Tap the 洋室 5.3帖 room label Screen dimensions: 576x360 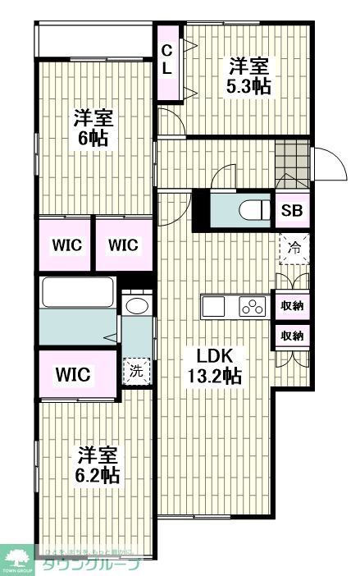(249, 76)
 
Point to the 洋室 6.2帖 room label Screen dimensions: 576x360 (98, 464)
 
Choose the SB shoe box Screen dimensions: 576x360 (292, 210)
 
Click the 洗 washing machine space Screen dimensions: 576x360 (136, 370)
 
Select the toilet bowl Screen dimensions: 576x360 (255, 210)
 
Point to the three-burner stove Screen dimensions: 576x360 (252, 307)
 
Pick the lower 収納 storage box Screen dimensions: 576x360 (293, 335)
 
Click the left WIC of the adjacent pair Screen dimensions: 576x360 (63, 245)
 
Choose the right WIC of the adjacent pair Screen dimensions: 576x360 (122, 245)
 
